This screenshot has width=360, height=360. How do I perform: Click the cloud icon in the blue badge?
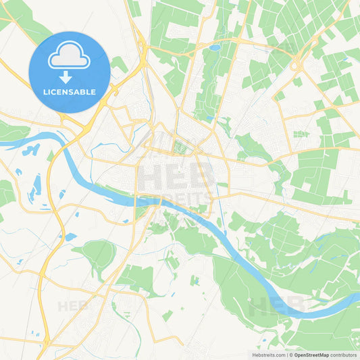pos(69,57)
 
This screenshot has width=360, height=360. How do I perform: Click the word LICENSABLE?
pos(69,91)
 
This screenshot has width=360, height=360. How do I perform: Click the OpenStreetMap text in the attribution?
pos(311,355)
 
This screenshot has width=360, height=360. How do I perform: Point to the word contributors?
pos(344,355)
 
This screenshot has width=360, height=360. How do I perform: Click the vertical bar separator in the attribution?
pos(286,355)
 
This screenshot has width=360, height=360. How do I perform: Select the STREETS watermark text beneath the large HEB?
pos(174,198)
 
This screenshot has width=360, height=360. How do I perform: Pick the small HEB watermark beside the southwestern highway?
pos(73,305)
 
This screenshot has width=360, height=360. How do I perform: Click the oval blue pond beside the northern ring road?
pos(215,48)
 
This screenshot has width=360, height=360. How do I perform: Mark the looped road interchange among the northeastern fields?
pos(297,65)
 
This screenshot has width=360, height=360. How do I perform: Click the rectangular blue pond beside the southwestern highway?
pos(70,236)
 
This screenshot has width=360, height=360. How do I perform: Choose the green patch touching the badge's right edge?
pos(119,64)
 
